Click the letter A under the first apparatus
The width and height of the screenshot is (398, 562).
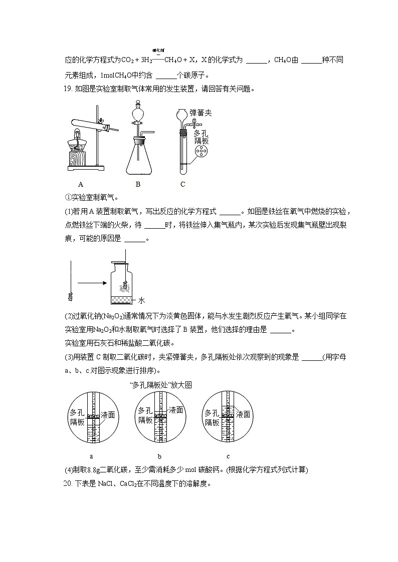tap(81, 184)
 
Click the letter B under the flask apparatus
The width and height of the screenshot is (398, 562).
tap(138, 184)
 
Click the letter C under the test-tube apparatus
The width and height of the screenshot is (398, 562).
tap(183, 184)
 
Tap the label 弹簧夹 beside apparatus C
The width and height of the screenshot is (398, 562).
tap(201, 113)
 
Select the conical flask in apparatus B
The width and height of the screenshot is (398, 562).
tap(138, 158)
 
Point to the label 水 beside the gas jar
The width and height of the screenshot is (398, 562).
tap(141, 300)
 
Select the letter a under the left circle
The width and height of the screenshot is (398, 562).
tap(91, 456)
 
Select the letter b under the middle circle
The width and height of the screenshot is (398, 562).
tap(159, 456)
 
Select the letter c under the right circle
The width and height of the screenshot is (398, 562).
tap(228, 456)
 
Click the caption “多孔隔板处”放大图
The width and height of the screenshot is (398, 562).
tap(160, 385)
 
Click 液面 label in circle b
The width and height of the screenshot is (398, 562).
tap(176, 410)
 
